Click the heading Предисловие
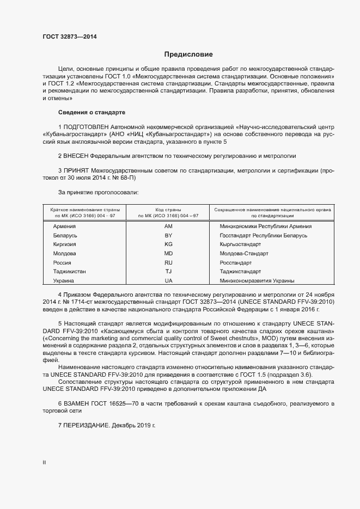188,54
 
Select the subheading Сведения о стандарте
91,112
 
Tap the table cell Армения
64,226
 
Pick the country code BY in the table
168,235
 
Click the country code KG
168,244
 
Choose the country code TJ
168,271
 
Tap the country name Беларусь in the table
65,235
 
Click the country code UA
168,280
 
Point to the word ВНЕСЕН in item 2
80,156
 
